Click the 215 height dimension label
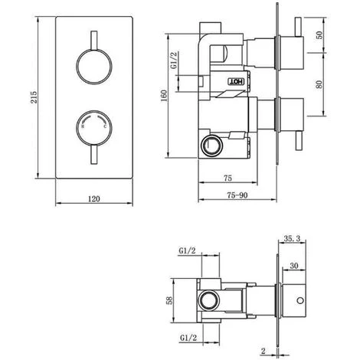(x=34, y=97)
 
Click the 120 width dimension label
(x=94, y=198)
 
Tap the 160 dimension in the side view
(x=164, y=96)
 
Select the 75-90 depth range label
(x=237, y=195)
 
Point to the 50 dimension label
(x=319, y=35)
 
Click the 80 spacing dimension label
(x=319, y=84)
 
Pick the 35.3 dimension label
(x=292, y=239)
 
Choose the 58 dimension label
(x=169, y=300)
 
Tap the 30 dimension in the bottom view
(x=294, y=266)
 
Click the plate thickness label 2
(x=263, y=351)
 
